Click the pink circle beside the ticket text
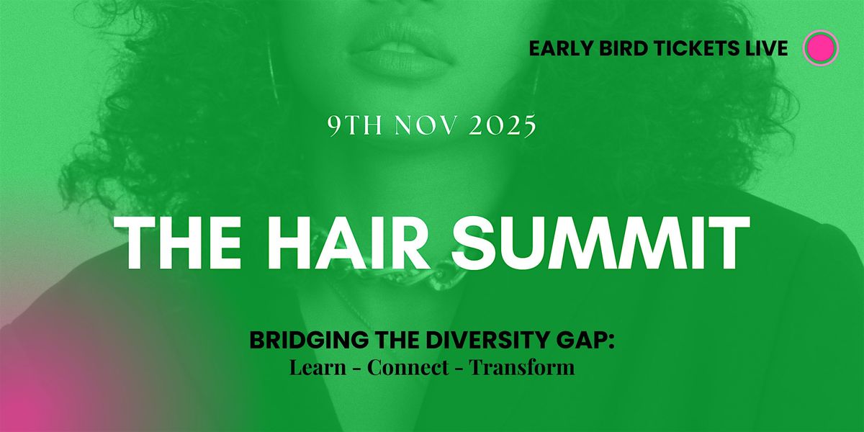coord(820,48)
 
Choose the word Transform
coord(522,367)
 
